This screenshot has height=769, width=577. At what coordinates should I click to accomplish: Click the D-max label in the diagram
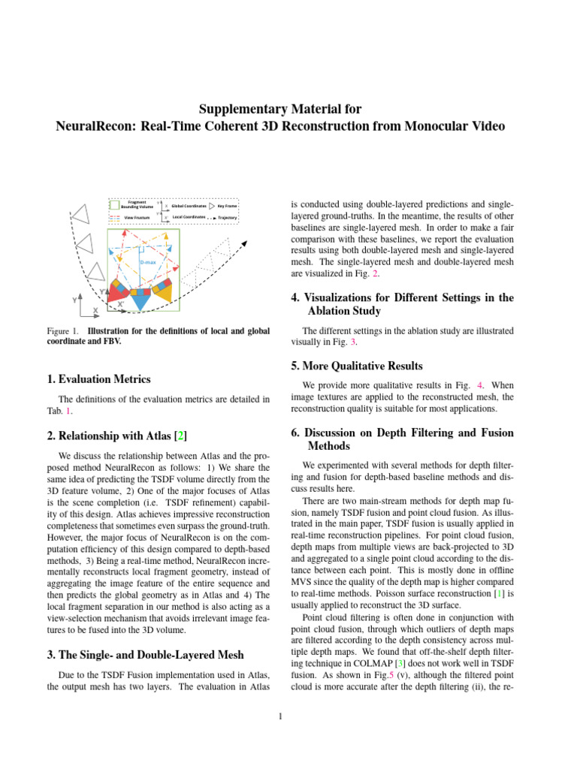pos(148,261)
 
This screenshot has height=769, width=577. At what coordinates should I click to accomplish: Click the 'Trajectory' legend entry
pos(227,217)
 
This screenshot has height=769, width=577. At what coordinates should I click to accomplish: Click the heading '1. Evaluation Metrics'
pos(98,379)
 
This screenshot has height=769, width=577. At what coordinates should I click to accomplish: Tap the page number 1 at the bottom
pos(279,716)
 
